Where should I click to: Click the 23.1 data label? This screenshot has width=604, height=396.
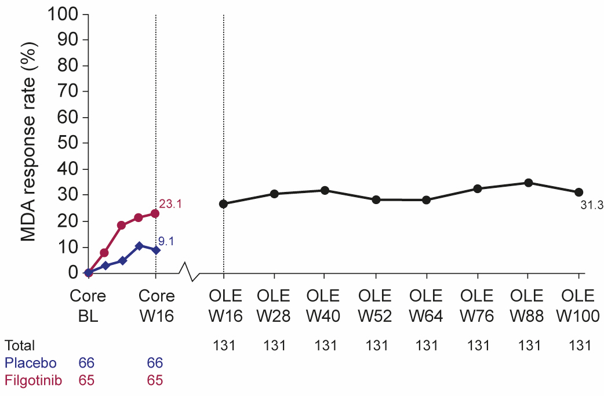(x=171, y=205)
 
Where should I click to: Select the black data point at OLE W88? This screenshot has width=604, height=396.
(x=528, y=183)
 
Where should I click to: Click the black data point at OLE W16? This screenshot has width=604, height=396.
(x=224, y=204)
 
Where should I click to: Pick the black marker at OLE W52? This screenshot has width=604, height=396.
(x=376, y=199)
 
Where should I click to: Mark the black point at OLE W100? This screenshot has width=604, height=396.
(x=578, y=192)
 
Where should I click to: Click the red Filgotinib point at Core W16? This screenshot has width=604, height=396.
(x=155, y=213)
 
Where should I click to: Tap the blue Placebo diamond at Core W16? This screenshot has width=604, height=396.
(x=155, y=250)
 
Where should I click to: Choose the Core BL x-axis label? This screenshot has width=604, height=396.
(x=88, y=304)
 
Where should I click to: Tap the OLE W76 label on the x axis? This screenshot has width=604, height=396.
(x=478, y=304)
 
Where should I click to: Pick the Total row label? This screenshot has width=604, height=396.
(x=20, y=346)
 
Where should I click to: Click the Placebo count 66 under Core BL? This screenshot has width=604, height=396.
(x=86, y=363)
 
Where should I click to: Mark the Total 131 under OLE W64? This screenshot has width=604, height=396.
(x=427, y=346)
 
